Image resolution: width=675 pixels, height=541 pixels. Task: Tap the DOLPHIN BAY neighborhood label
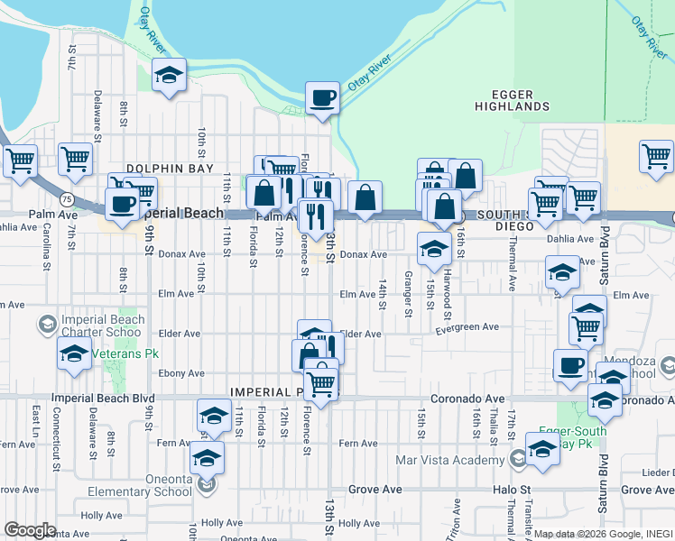(170, 169)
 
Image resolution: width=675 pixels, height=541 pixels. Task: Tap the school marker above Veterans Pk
(74, 354)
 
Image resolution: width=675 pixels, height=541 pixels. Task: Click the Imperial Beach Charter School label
(102, 326)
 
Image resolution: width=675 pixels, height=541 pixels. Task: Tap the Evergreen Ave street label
(467, 327)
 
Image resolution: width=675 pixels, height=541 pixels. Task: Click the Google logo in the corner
(30, 529)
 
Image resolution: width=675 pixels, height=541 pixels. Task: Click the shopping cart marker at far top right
(656, 157)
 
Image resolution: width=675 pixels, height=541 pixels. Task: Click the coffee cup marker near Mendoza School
(569, 365)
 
